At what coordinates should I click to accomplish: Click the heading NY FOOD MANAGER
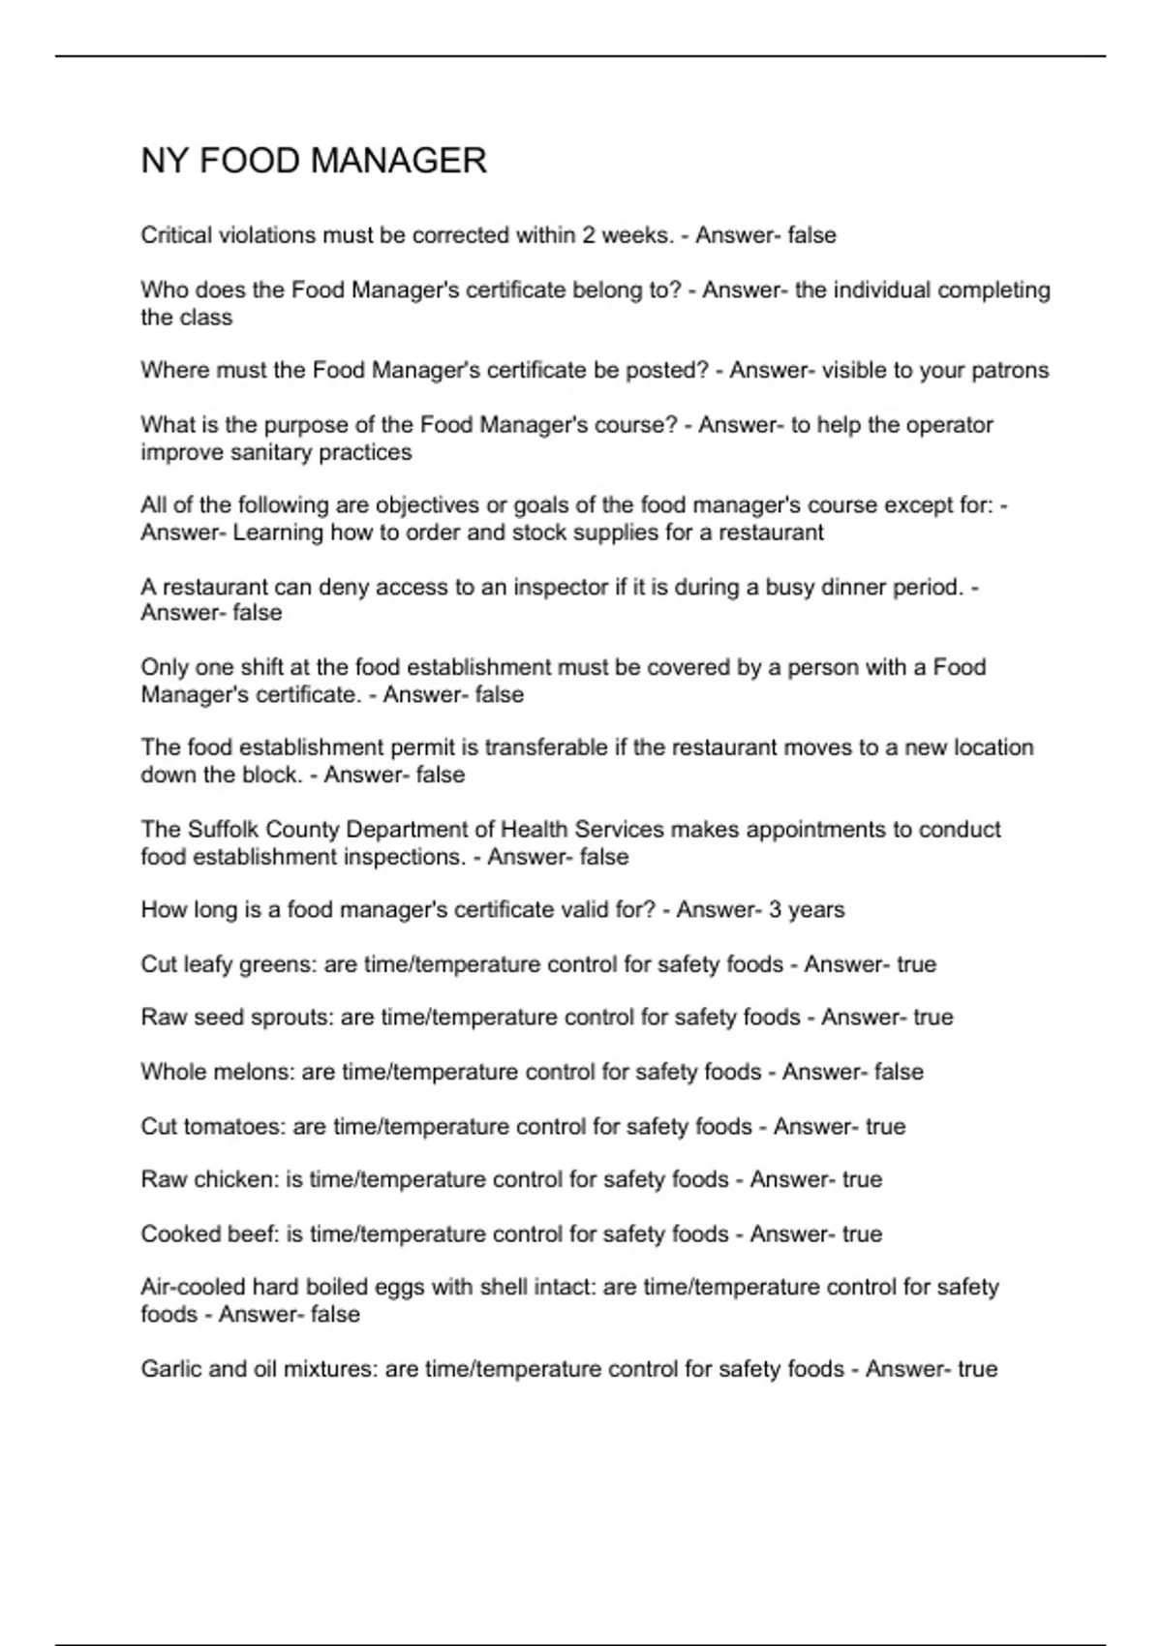313,161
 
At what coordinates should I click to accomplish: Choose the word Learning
278,533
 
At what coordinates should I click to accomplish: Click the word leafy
202,965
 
